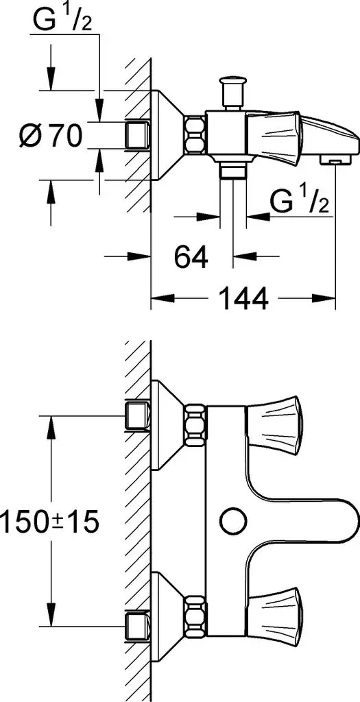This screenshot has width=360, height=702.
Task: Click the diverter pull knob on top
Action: click(233, 93)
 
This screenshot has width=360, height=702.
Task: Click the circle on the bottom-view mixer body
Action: click(233, 522)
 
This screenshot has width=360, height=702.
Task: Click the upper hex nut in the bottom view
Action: click(195, 424)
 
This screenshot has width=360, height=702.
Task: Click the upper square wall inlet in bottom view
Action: click(138, 416)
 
